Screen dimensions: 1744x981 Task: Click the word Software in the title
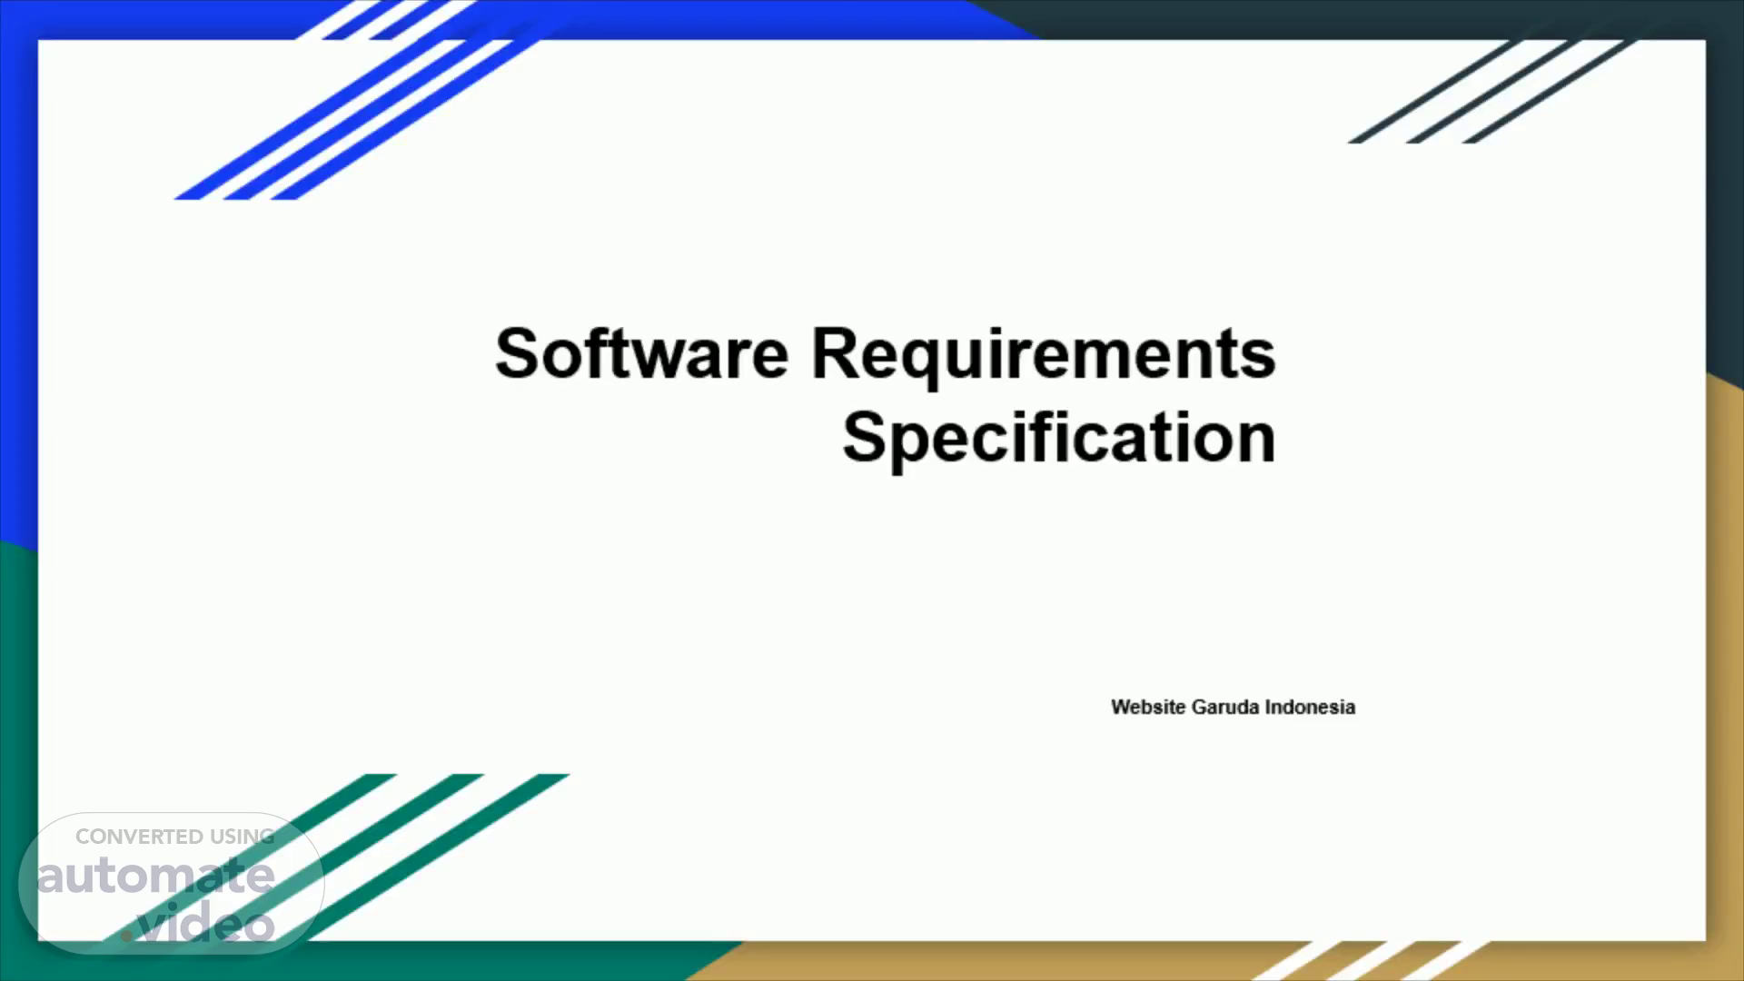pyautogui.click(x=641, y=353)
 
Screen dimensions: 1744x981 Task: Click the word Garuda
pyautogui.click(x=1225, y=707)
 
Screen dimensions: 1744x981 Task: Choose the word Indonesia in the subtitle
pyautogui.click(x=1310, y=707)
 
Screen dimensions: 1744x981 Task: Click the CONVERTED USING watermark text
pyautogui.click(x=174, y=837)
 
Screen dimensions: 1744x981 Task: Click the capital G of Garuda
pyautogui.click(x=1199, y=707)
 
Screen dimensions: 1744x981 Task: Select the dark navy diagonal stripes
pyautogui.click(x=1490, y=91)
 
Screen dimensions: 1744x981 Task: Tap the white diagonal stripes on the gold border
pyautogui.click(x=1372, y=961)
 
